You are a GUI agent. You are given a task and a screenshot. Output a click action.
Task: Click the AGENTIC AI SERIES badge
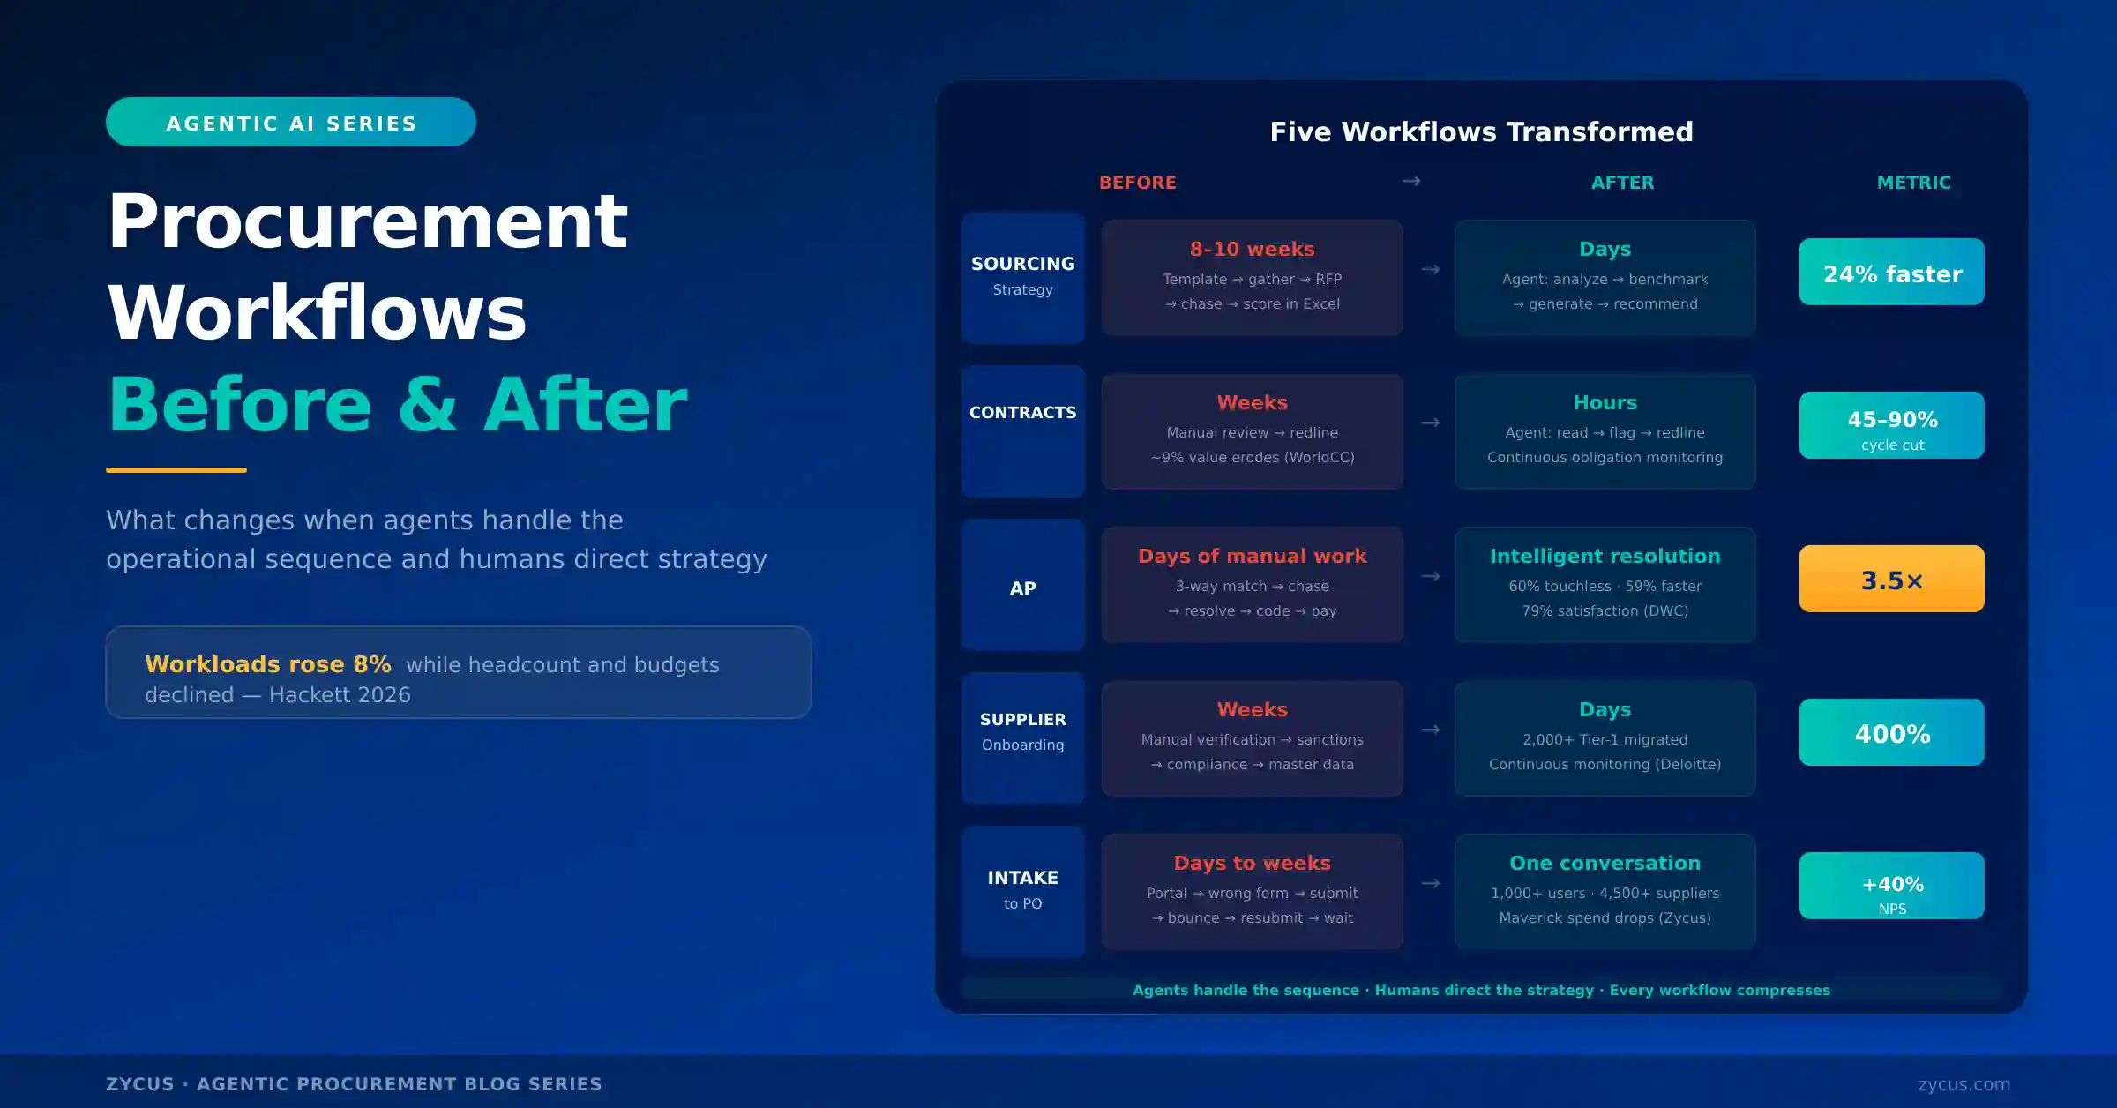point(290,123)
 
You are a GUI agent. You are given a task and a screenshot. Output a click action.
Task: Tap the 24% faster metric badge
point(1891,273)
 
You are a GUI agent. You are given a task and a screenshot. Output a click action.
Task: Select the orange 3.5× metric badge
point(1891,580)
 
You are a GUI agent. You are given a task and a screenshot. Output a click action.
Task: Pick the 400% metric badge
point(1891,733)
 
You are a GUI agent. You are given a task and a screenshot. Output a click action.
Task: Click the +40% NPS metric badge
point(1891,887)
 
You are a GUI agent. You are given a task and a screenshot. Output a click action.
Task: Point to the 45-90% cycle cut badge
point(1891,426)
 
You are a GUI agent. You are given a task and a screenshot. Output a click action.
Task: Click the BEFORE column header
point(1137,183)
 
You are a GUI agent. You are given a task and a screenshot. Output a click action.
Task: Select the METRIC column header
point(1913,183)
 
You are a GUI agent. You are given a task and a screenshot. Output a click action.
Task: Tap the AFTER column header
point(1622,183)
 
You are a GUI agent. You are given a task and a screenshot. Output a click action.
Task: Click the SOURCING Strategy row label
point(1022,276)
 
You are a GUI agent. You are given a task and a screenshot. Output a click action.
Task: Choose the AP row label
point(1022,588)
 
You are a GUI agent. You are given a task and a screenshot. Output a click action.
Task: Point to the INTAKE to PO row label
point(1022,889)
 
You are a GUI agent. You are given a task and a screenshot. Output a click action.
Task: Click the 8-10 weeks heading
point(1252,250)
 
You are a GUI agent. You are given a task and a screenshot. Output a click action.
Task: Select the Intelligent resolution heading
point(1605,557)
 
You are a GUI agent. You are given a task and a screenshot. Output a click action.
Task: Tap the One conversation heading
point(1605,864)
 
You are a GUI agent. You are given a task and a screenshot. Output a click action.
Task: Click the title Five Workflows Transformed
point(1481,132)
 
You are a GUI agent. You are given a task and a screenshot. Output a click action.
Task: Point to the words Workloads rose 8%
point(267,664)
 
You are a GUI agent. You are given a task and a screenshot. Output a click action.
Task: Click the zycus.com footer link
point(1964,1084)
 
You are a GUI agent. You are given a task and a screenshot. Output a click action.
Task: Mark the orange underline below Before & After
point(176,470)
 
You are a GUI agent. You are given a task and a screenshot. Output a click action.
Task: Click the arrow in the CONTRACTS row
point(1430,423)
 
